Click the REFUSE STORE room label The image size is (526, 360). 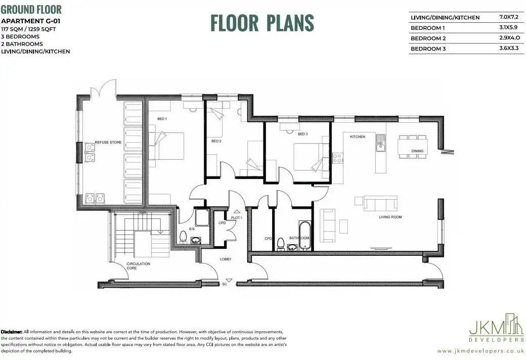pos(108,142)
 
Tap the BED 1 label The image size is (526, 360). pos(162,119)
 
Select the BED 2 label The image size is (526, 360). pos(216,141)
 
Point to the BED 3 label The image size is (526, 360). pos(302,134)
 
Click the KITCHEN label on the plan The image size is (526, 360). pos(358,137)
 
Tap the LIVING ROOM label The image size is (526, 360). pos(390,217)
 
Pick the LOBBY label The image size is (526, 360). pos(226,259)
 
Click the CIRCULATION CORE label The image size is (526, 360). pos(138,266)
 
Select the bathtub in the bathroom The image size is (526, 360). pos(304,236)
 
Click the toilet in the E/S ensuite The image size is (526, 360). pos(183,236)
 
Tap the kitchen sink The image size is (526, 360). pos(380,143)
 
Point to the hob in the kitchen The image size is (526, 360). pos(337,158)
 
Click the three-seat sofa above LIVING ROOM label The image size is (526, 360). pos(381,203)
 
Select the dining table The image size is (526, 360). pos(413,147)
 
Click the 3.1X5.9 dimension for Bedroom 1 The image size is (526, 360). pos(508,27)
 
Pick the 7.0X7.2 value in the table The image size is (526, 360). pos(509,17)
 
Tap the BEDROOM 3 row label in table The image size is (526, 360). pos(428,49)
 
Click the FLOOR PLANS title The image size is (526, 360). pos(262,23)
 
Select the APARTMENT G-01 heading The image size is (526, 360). pos(31,21)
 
